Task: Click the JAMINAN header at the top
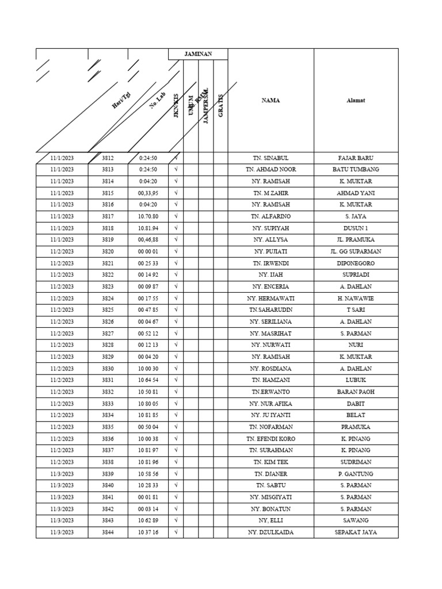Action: [198, 54]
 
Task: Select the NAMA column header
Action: [270, 101]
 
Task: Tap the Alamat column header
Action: [356, 101]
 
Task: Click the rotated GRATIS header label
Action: [220, 106]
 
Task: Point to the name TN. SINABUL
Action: [270, 158]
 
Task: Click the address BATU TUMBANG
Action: [356, 170]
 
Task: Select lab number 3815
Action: [108, 193]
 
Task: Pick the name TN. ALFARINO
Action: [270, 216]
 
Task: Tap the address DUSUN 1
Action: [356, 228]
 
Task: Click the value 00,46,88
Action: [148, 240]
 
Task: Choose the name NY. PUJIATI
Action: [270, 251]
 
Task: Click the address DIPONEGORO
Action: [356, 263]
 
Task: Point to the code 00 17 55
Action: [148, 298]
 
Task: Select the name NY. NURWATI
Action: [270, 345]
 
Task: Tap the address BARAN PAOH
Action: [356, 392]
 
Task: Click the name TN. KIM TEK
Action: [270, 462]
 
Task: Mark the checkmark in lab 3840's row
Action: [176, 485]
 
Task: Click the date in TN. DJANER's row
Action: [62, 474]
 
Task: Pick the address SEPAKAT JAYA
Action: [356, 532]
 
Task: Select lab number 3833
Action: [108, 403]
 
